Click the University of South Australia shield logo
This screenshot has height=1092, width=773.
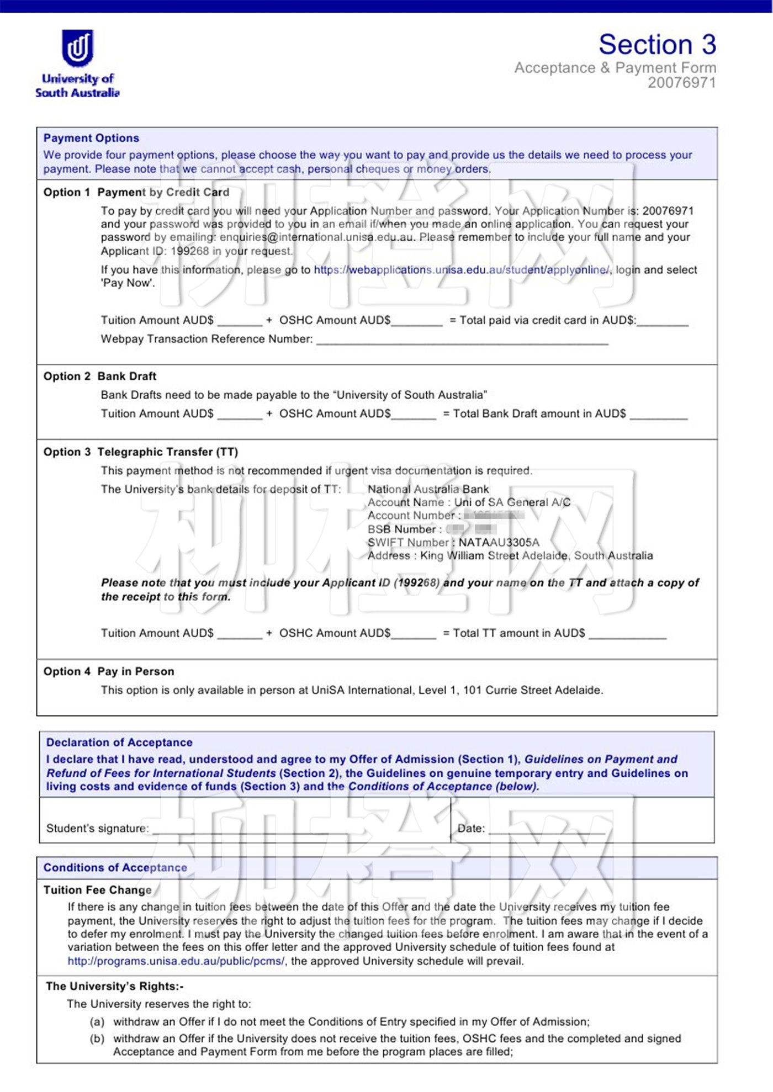click(x=77, y=48)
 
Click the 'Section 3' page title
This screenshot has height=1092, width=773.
click(x=657, y=44)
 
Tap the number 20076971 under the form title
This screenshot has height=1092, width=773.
click(x=681, y=83)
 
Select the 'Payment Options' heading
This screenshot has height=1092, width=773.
click(x=91, y=138)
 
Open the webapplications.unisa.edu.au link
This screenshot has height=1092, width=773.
click(x=462, y=270)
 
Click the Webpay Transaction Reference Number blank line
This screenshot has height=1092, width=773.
click(x=462, y=340)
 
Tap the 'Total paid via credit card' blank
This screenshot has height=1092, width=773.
click(x=662, y=322)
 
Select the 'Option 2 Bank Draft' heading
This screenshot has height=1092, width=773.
click(x=100, y=377)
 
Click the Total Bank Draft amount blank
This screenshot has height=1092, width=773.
click(x=658, y=415)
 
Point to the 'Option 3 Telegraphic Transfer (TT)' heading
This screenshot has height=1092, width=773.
click(x=141, y=452)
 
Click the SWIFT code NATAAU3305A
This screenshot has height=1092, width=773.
click(x=499, y=543)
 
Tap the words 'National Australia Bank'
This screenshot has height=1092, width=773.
click(x=428, y=489)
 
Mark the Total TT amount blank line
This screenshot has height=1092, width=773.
click(x=627, y=635)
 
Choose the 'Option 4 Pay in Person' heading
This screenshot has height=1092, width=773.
click(x=109, y=672)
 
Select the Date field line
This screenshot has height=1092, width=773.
click(x=547, y=829)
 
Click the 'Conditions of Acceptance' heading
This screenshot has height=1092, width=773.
click(x=115, y=868)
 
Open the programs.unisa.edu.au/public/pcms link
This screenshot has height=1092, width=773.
click(x=176, y=961)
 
